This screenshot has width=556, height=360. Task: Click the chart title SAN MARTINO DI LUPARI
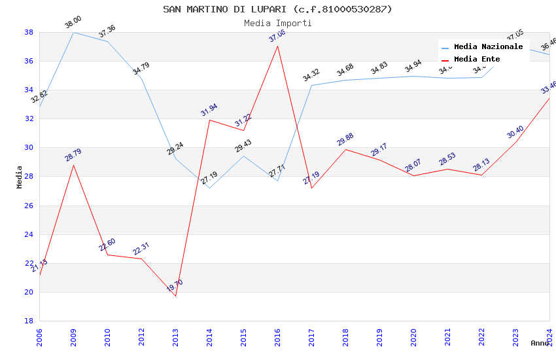(277, 9)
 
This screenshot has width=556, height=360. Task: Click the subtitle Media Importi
(277, 23)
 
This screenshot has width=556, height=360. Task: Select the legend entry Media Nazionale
(488, 46)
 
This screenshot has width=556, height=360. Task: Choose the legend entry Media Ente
(477, 59)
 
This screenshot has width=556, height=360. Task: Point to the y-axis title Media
(20, 177)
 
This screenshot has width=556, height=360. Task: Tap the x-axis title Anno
(540, 343)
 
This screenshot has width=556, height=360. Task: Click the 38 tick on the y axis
(29, 32)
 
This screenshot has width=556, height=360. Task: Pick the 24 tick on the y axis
(29, 234)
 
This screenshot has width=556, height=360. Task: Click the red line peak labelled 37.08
(277, 46)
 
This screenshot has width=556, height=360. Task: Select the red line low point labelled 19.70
(175, 296)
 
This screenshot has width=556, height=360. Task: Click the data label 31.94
(209, 111)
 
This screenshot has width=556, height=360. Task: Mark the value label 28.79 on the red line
(73, 155)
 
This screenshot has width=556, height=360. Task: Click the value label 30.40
(515, 133)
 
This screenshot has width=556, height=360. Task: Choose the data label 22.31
(141, 249)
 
